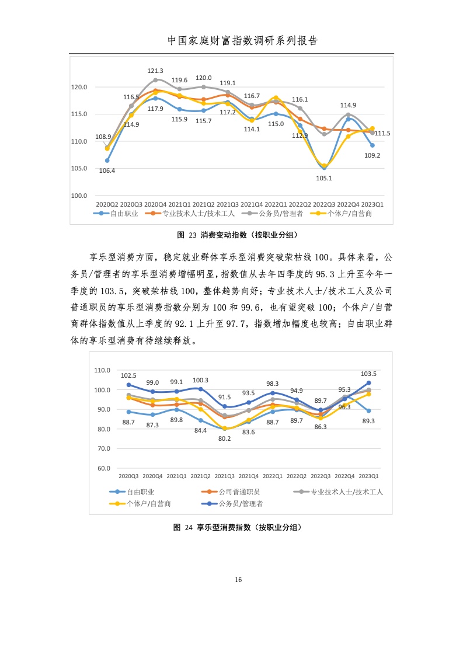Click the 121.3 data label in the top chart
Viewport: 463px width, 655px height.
click(155, 71)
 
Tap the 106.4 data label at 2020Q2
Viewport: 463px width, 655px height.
click(107, 170)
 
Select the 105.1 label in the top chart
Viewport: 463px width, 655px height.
click(324, 179)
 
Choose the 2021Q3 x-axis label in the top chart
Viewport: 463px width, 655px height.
click(228, 204)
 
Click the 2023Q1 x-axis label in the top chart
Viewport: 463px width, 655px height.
click(373, 204)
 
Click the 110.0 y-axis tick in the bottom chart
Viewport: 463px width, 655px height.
click(103, 370)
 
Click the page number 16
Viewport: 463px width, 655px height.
click(237, 580)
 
